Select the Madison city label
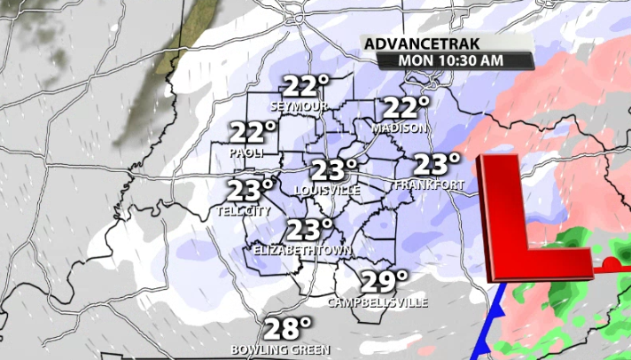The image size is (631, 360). (400, 128)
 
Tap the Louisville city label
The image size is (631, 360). (327, 191)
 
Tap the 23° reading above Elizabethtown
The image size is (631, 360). (308, 230)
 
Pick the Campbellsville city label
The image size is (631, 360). (378, 302)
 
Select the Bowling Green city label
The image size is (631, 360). (281, 349)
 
